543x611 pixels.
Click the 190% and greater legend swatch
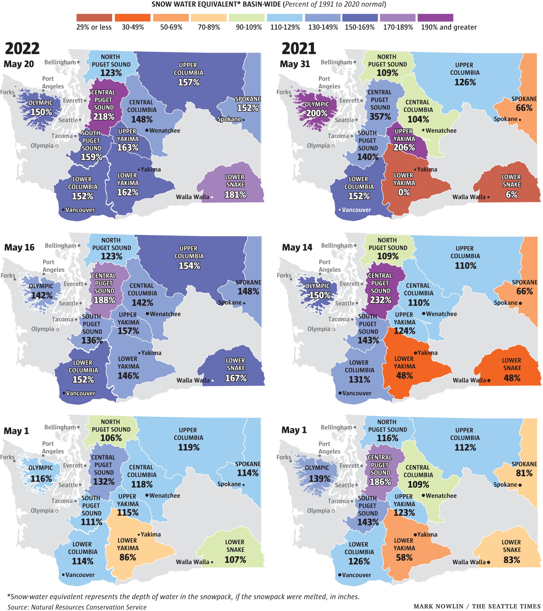pos(435,18)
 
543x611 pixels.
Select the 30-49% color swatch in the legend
pos(132,18)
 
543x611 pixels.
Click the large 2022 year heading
pos(22,48)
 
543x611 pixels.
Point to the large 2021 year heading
pos(299,48)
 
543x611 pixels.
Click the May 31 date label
pos(295,64)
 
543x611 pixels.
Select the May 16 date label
pos(19,248)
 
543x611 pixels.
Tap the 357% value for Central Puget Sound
pos(380,117)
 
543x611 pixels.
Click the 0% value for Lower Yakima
pos(404,192)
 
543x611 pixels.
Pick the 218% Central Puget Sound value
pos(104,117)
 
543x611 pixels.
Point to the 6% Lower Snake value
pos(512,195)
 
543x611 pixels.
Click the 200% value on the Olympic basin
pos(317,113)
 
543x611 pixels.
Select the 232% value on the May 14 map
pos(380,300)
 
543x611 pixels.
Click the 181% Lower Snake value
pos(236,195)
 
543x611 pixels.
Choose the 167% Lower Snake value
pos(236,378)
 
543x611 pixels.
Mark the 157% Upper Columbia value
pos(189,82)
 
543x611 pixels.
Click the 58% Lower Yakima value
pos(404,557)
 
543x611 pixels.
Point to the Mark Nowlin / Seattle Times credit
pos(477,606)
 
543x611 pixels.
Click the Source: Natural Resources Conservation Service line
pos(77,607)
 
